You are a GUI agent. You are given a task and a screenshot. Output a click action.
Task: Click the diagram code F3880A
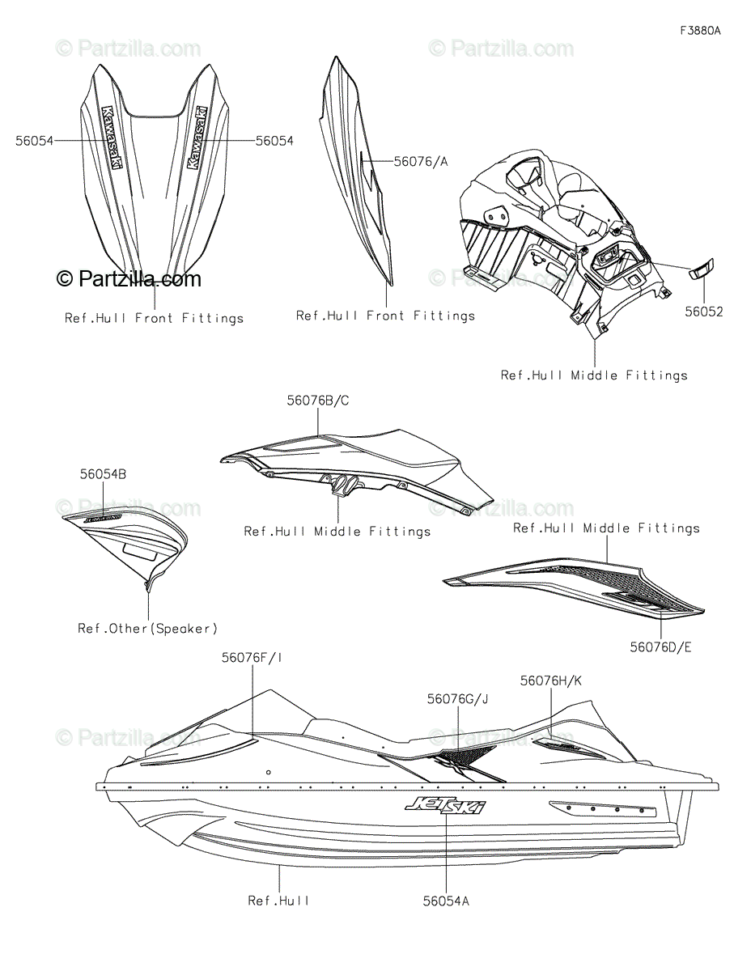point(700,31)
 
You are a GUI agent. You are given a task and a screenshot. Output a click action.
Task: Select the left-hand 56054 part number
point(34,140)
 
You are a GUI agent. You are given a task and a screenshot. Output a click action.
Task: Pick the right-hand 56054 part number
point(274,140)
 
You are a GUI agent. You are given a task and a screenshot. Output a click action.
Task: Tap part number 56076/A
point(421,161)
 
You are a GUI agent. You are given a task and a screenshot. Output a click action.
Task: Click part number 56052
point(703,312)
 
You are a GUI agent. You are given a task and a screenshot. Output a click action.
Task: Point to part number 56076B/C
point(318,400)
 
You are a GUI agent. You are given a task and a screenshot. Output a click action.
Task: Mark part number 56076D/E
point(660,647)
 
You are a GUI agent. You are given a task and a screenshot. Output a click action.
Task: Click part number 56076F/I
point(252,658)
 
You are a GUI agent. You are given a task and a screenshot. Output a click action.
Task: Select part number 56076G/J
point(458,698)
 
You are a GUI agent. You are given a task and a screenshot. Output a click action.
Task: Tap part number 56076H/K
point(551,681)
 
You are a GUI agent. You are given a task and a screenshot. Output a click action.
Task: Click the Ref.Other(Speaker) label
point(148,628)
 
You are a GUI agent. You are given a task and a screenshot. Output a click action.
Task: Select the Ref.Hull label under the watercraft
point(279,900)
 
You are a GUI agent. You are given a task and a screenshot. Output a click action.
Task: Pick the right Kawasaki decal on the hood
point(197,137)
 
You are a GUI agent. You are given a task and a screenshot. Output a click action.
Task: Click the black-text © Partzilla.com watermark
point(129,279)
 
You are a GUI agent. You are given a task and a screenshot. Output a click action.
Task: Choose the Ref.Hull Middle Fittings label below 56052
point(594,375)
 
